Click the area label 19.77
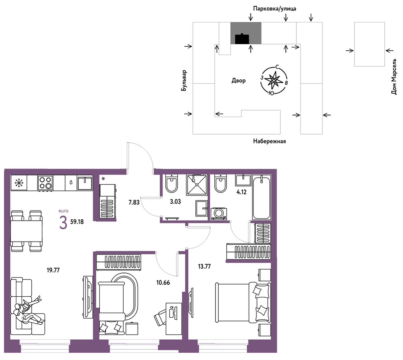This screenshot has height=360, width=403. pos(53,270)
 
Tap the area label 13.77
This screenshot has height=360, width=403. pos(204,266)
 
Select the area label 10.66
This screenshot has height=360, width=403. pos(163,283)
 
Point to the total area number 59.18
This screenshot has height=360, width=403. pos(77,222)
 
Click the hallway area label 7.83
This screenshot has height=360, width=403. pos(134,203)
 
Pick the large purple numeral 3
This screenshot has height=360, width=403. pos(63,223)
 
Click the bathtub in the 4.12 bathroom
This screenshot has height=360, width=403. pos(261,198)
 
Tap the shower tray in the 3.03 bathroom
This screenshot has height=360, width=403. pos(197,185)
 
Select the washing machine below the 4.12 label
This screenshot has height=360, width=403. pos(219,214)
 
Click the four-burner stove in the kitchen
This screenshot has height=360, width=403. pos(45,183)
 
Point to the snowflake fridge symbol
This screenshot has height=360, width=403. pos(19,183)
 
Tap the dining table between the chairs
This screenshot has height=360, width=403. pos(26,231)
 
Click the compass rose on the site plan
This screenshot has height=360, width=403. pos(274,80)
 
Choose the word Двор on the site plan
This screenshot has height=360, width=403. pos(238,80)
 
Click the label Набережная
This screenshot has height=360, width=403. pos(269,141)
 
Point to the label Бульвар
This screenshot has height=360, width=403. pos(184,80)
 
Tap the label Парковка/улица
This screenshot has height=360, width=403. pos(274,9)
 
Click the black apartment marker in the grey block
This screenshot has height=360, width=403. pos(242,39)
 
